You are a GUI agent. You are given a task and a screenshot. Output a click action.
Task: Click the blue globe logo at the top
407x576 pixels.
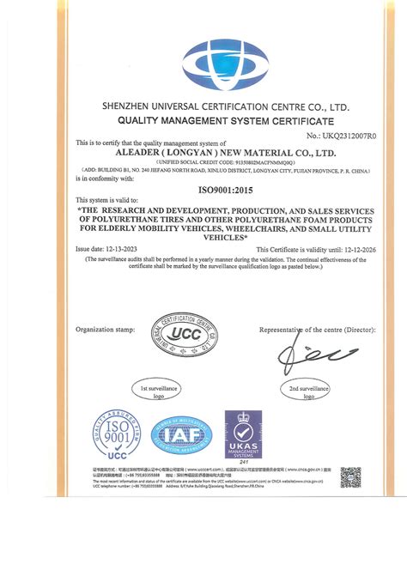(x=204, y=58)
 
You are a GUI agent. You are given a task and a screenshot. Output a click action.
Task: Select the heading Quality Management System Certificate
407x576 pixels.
(x=204, y=122)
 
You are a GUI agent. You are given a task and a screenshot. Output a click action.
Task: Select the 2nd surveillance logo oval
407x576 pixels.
(x=305, y=392)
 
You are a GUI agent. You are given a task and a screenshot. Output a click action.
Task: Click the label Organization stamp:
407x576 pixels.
(x=106, y=330)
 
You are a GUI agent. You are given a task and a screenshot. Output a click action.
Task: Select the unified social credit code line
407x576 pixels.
(x=203, y=161)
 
